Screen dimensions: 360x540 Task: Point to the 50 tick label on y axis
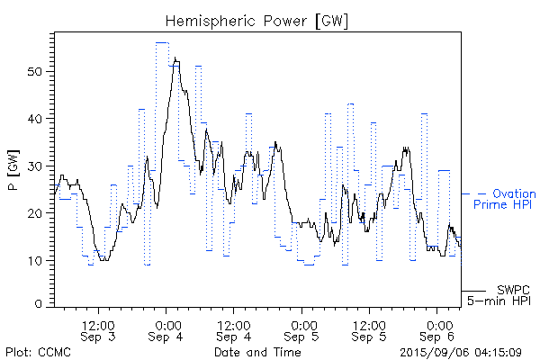[x=38, y=71]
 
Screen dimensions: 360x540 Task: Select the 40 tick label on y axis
[x=38, y=119]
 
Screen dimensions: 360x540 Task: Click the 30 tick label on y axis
[x=38, y=166]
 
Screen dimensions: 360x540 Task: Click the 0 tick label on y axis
[x=41, y=305]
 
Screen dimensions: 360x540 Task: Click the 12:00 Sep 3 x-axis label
[x=98, y=329]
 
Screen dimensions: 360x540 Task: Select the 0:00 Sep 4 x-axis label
[x=166, y=329]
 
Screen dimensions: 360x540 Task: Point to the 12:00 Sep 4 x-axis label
[x=234, y=329]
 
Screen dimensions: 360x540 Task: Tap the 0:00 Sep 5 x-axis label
[x=303, y=329]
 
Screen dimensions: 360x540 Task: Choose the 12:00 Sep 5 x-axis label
[x=371, y=329]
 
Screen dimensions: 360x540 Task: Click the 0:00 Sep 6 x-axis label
[x=439, y=329]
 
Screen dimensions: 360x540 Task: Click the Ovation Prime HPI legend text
[x=504, y=199]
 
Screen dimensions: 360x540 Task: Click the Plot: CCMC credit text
[x=33, y=351]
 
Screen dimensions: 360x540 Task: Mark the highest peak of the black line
[x=175, y=58]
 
